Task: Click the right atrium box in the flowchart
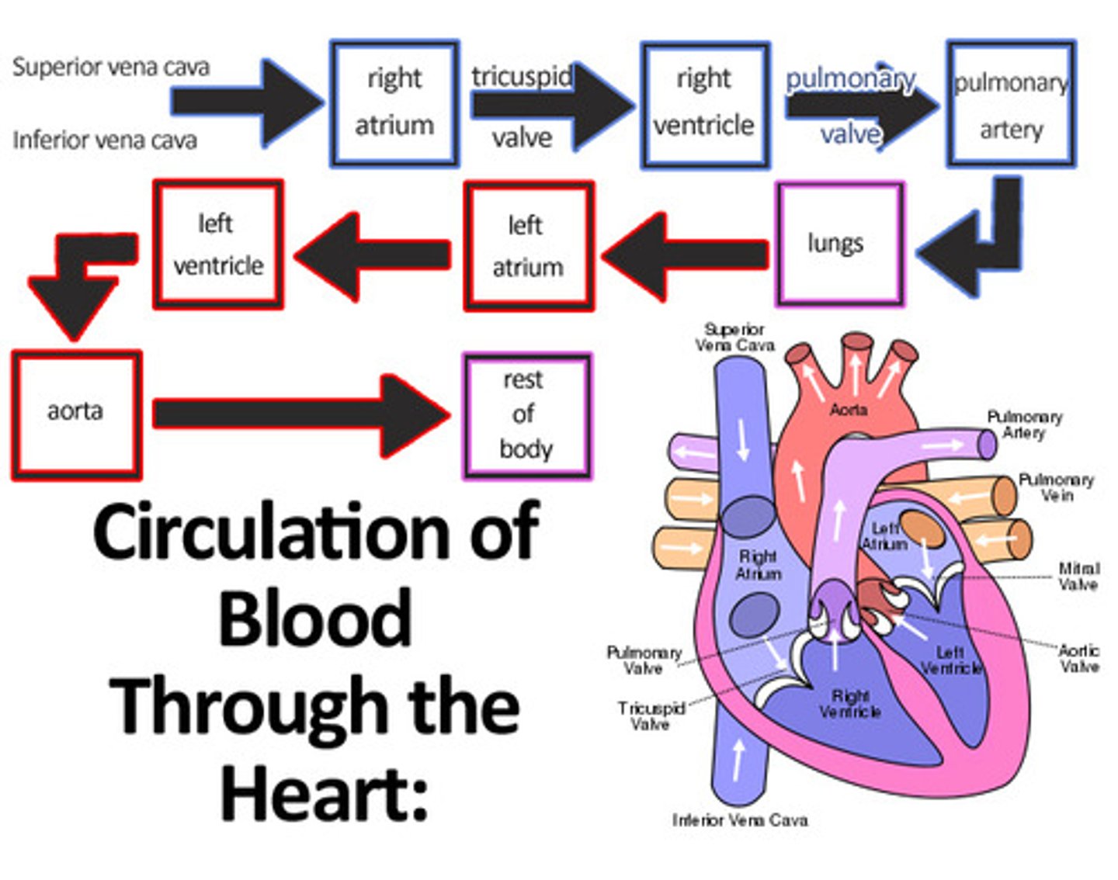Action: pos(394,104)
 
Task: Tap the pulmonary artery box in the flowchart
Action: pos(1010,105)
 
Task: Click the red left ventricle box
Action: pos(218,244)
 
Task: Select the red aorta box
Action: pos(76,414)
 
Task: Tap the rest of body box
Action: pos(526,415)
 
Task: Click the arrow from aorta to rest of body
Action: pos(299,414)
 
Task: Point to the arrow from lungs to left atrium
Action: pos(683,255)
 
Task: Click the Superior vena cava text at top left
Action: pos(111,67)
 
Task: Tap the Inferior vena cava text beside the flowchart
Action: pos(105,140)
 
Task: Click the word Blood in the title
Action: pos(314,618)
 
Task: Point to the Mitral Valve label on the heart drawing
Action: pos(1078,577)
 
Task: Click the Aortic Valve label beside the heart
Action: pos(1079,658)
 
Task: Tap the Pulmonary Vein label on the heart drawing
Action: pos(1056,487)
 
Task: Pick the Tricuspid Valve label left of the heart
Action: pos(651,716)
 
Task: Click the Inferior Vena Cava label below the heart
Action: pos(740,820)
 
